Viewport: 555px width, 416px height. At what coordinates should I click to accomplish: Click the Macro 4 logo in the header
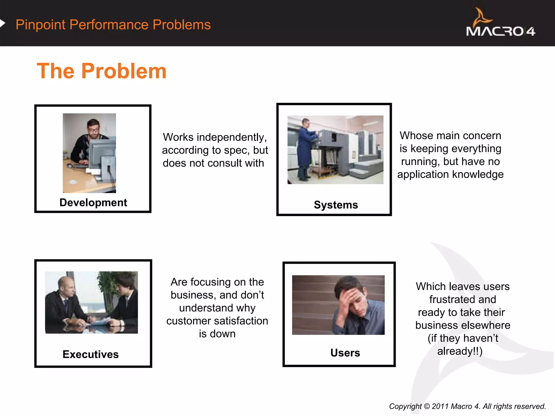click(500, 24)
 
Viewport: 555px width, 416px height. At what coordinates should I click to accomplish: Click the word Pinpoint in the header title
click(40, 25)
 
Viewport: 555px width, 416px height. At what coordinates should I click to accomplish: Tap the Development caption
click(93, 203)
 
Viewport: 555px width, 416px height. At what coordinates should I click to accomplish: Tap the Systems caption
click(336, 205)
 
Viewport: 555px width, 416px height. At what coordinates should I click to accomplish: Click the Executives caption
click(91, 354)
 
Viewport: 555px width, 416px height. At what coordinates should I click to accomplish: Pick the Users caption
click(345, 353)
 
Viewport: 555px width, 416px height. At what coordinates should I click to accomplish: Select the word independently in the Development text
click(232, 137)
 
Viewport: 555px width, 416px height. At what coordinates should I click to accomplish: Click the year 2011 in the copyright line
click(440, 406)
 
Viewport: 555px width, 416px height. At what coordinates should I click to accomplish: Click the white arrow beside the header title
click(2, 24)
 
